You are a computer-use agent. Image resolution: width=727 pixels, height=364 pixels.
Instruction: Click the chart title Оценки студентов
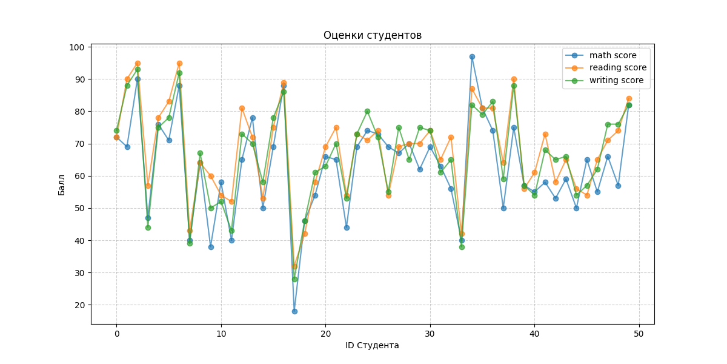[372, 35]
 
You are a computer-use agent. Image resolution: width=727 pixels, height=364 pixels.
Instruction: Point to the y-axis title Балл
[62, 184]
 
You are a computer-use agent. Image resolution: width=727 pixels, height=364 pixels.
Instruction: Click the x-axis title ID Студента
[372, 345]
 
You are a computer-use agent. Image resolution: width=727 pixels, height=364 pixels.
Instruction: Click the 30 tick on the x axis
[430, 333]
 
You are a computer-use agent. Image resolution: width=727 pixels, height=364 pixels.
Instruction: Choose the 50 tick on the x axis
[639, 333]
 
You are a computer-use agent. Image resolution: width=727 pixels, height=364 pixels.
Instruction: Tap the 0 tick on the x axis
[116, 333]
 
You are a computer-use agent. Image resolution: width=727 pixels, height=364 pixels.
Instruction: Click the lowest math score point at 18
[294, 311]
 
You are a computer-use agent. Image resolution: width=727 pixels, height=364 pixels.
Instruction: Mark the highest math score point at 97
[472, 56]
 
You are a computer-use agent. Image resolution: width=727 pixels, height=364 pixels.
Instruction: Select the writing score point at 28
[294, 279]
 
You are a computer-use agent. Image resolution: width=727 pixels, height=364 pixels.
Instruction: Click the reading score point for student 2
[138, 63]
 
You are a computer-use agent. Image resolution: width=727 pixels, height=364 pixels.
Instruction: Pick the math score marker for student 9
[211, 247]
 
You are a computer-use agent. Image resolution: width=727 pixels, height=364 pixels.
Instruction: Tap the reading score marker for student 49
[629, 98]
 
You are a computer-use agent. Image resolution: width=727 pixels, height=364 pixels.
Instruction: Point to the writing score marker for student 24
[367, 111]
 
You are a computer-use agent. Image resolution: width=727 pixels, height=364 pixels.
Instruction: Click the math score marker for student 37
[503, 208]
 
